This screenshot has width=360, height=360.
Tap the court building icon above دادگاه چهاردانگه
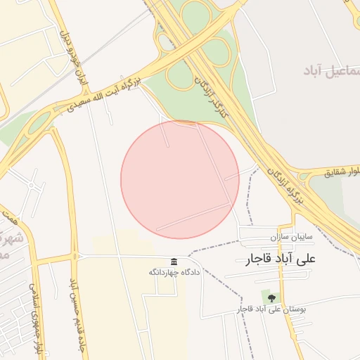(174, 262)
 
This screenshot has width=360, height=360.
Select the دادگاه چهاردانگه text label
(174, 271)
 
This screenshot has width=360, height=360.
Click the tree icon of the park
(273, 299)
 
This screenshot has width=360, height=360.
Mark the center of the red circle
(180, 179)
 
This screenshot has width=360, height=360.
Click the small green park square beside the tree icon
(266, 295)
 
